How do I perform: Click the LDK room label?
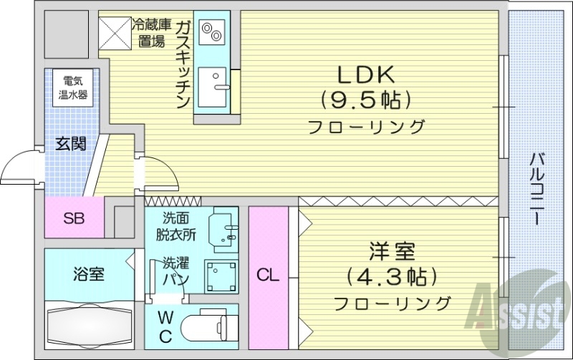(x=362, y=75)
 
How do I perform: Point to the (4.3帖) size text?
(x=392, y=276)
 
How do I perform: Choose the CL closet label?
(x=268, y=274)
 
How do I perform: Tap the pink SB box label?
(x=73, y=218)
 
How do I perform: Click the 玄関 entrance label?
(x=70, y=144)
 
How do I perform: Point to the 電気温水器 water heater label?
(x=74, y=87)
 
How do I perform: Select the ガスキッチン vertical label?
(x=183, y=65)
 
